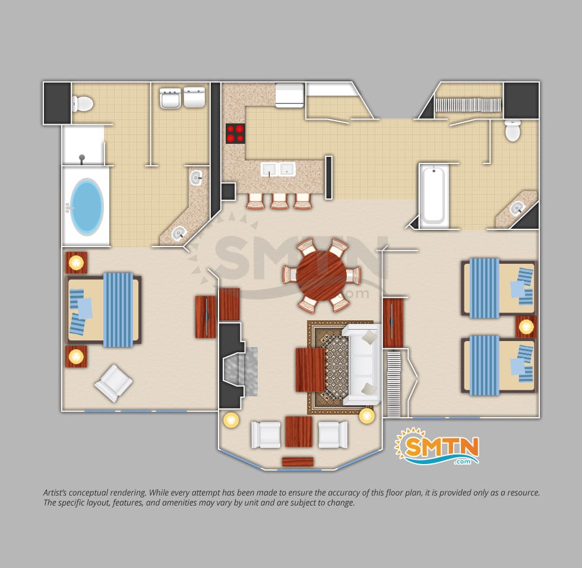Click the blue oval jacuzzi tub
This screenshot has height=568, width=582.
tap(87, 206)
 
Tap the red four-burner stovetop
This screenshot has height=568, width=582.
tap(235, 134)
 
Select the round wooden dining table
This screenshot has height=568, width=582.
tap(321, 275)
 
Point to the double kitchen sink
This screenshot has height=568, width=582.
tap(278, 169)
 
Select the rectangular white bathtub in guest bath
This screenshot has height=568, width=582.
tap(434, 195)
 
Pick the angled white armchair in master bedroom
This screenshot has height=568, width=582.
tap(113, 383)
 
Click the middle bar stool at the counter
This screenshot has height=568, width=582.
tap(279, 201)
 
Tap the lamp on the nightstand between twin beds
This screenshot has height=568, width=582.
tap(526, 327)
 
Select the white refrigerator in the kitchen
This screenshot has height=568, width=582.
tap(290, 95)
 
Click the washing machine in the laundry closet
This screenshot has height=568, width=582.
tap(170, 97)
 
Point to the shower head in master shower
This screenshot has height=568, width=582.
tap(82, 159)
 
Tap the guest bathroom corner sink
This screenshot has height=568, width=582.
tap(516, 209)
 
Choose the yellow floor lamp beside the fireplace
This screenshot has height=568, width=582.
tap(231, 420)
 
